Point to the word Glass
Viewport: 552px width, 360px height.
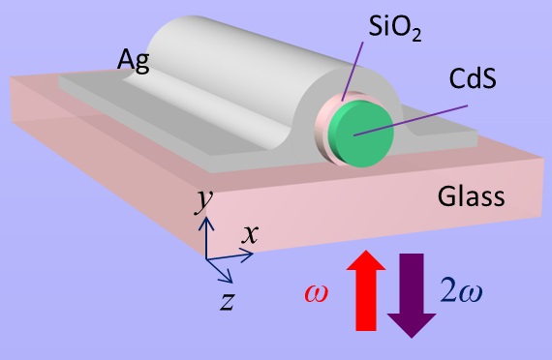point(470,197)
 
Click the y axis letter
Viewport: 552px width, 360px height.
point(203,198)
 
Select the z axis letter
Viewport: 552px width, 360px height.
point(227,300)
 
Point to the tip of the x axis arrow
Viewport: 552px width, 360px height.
point(254,254)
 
